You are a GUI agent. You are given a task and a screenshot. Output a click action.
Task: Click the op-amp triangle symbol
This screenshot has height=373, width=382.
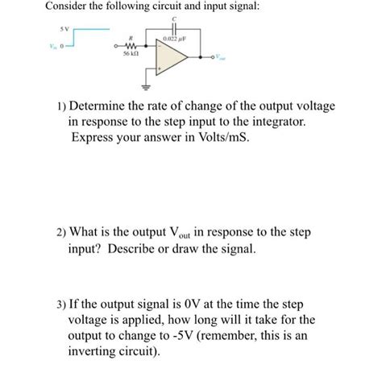pos(172,58)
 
